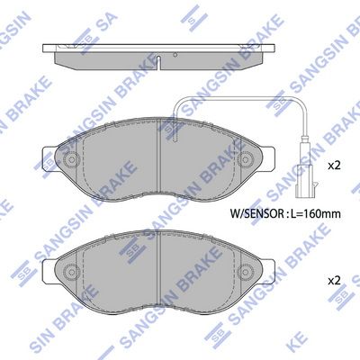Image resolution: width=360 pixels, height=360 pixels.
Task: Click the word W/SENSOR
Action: pos(256,213)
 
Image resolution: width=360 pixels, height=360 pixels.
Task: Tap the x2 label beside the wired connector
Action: pos(334,166)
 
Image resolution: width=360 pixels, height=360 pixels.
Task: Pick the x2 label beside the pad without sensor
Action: pos(334,281)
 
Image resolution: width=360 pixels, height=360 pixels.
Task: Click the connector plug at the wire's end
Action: pos(306,181)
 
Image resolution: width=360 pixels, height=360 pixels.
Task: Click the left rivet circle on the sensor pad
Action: pos(71,159)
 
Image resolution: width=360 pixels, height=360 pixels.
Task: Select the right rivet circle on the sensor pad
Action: pos(244,159)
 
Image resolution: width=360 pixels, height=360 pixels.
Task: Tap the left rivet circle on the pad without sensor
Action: pos(71,272)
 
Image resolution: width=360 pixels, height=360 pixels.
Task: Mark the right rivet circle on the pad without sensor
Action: pos(244,272)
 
